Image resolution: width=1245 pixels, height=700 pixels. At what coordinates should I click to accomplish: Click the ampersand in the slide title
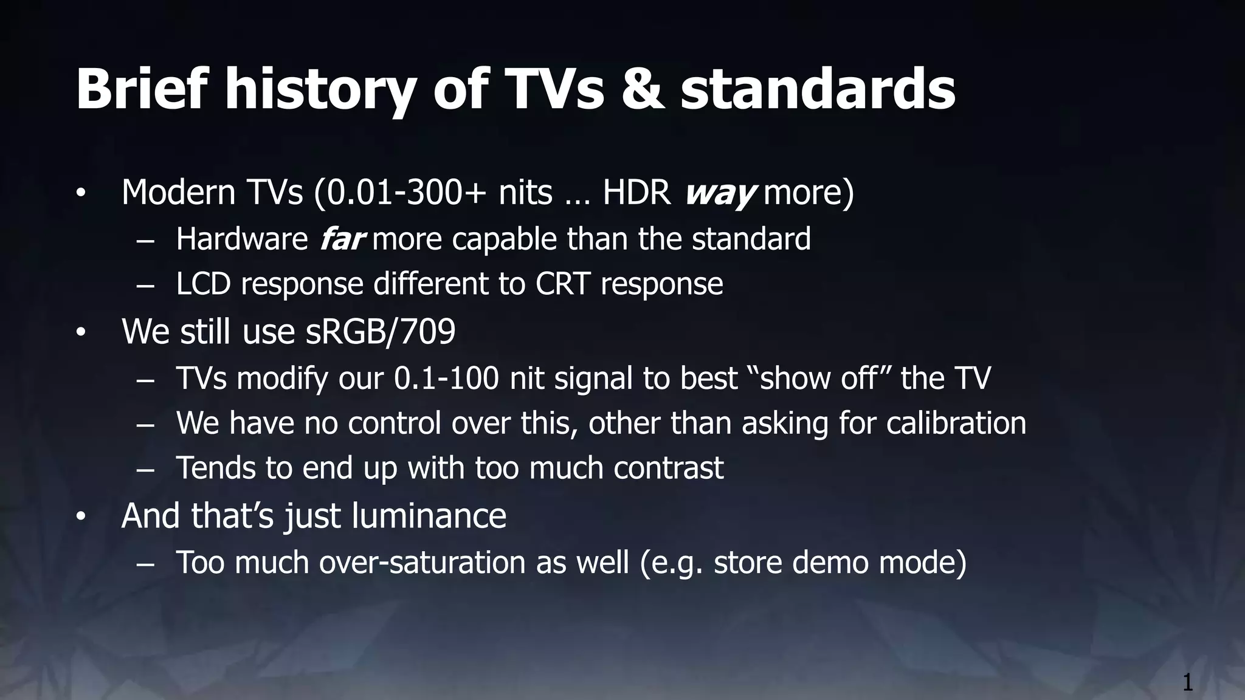pyautogui.click(x=643, y=91)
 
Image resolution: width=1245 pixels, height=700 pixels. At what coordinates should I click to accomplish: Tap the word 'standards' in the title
pyautogui.click(x=818, y=91)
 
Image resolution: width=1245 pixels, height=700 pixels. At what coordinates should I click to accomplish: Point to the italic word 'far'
pyautogui.click(x=342, y=239)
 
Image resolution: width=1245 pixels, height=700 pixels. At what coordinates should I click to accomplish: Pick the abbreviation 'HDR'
pyautogui.click(x=636, y=193)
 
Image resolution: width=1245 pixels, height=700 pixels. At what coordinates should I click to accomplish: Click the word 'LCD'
pyautogui.click(x=203, y=284)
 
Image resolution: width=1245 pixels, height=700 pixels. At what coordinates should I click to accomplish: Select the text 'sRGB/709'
pyautogui.click(x=380, y=332)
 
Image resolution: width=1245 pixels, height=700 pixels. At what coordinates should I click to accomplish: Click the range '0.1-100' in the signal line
pyautogui.click(x=446, y=378)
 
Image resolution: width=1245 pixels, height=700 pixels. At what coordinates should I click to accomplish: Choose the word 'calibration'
pyautogui.click(x=956, y=423)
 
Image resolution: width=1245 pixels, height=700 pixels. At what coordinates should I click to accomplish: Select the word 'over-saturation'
pyautogui.click(x=422, y=562)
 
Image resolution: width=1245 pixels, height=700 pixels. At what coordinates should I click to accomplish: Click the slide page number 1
pyautogui.click(x=1187, y=683)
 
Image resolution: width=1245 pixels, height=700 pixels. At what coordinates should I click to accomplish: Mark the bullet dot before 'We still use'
pyautogui.click(x=81, y=334)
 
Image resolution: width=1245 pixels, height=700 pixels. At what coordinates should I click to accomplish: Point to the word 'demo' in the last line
pyautogui.click(x=830, y=562)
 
